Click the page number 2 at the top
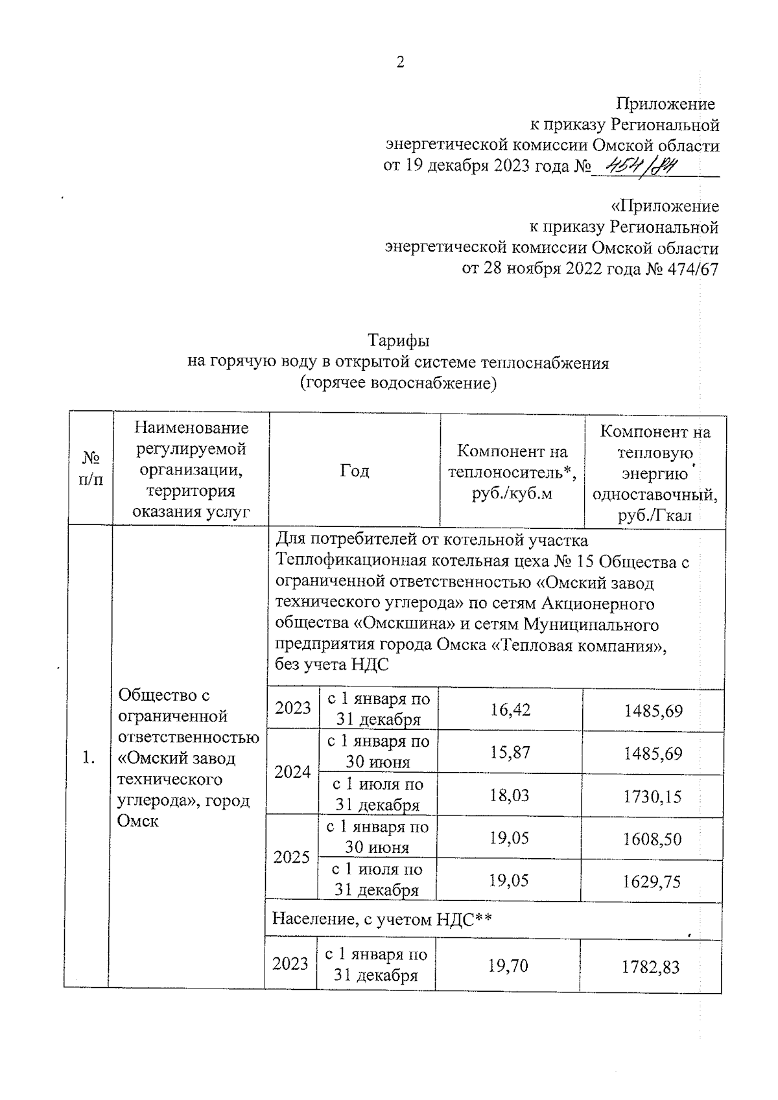coord(400,63)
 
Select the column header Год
coord(355,471)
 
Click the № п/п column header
coord(91,469)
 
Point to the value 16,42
coord(510,710)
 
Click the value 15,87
coord(510,752)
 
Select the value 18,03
coord(510,795)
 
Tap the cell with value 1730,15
coord(652,796)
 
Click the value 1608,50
coord(652,839)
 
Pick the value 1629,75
coord(652,882)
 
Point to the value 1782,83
coord(650,967)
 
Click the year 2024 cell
coord(293,772)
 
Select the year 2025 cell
coord(292,858)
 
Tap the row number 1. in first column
coord(89,758)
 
